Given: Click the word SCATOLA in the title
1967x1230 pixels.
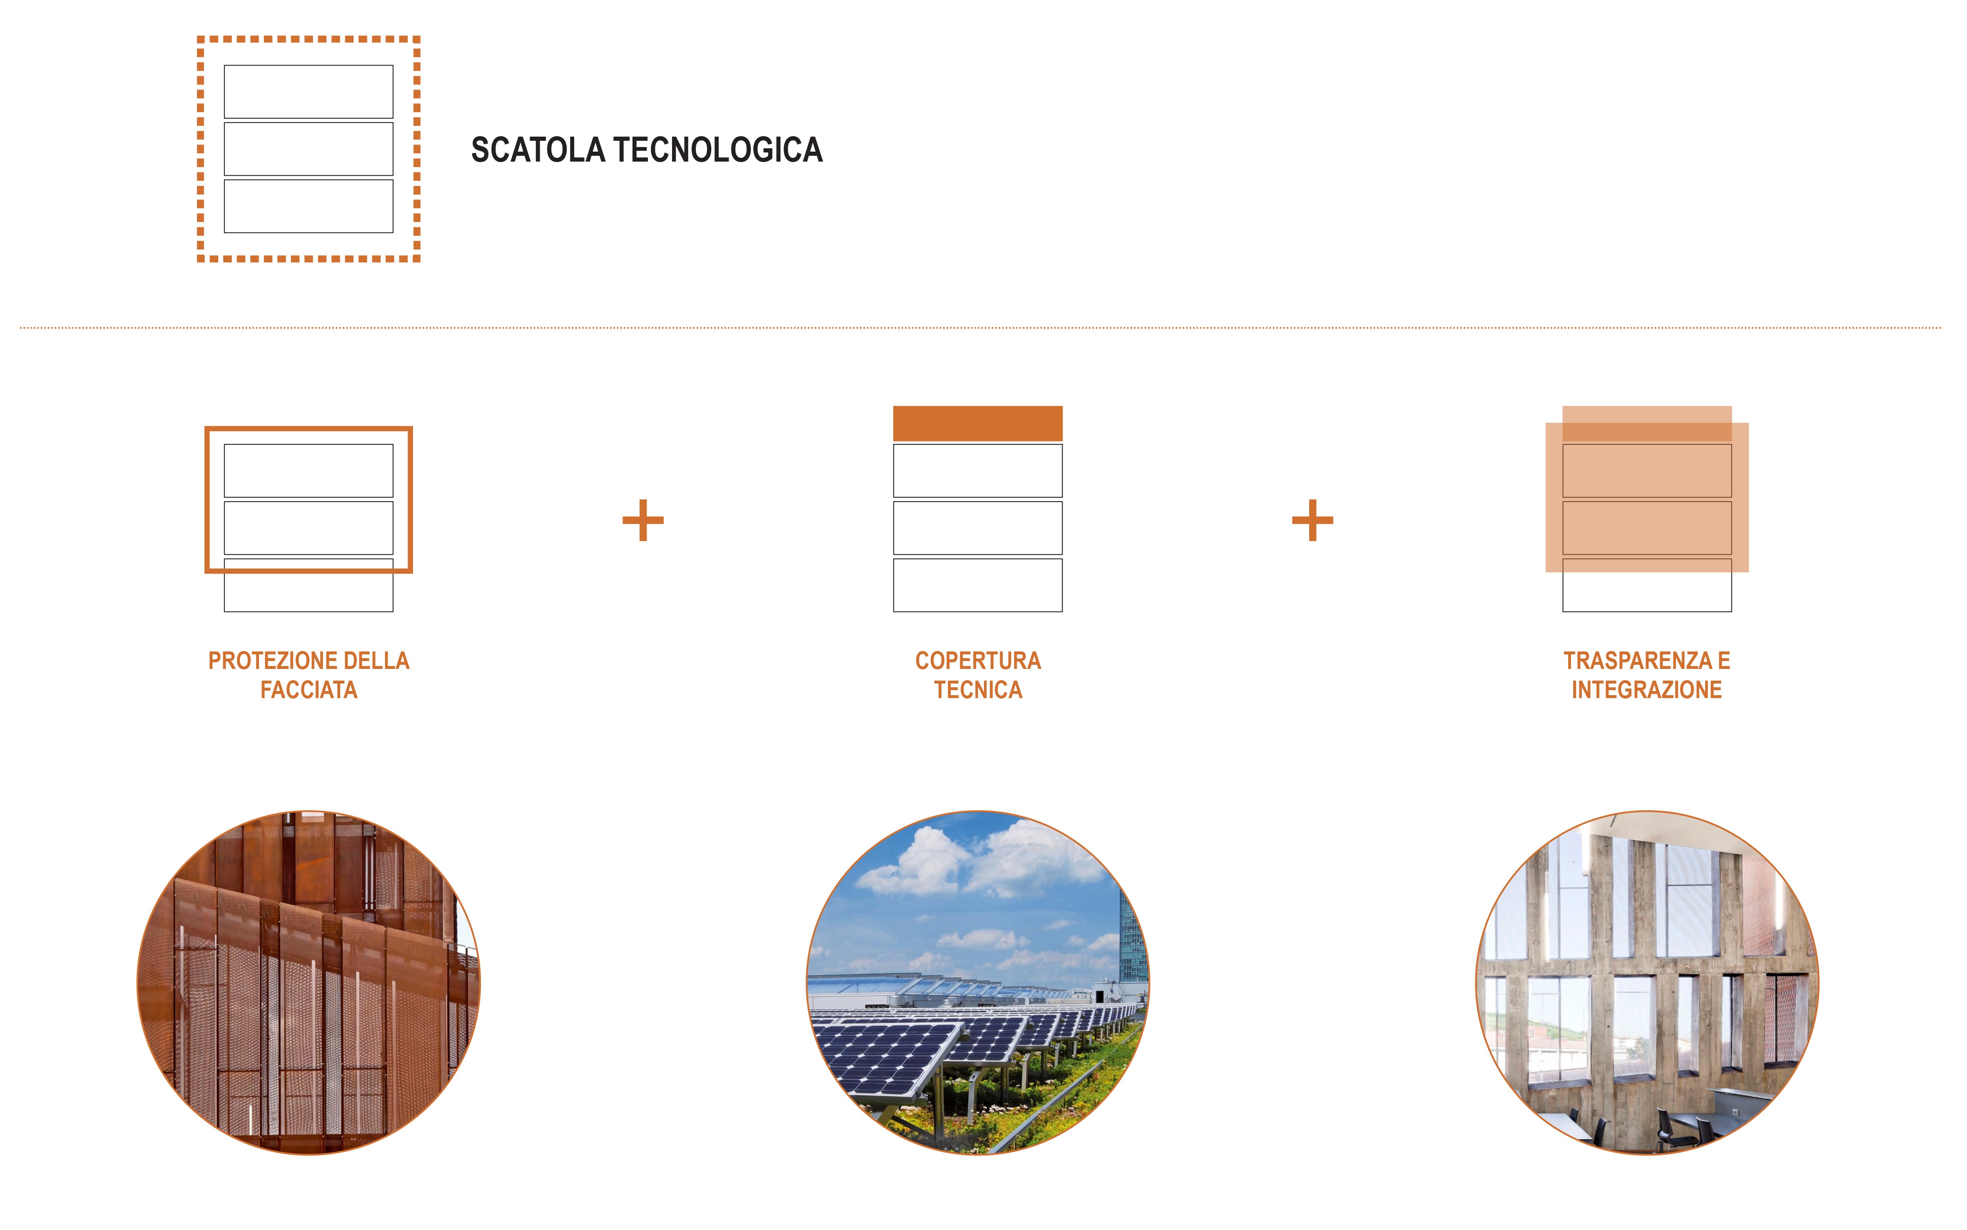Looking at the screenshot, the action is point(538,150).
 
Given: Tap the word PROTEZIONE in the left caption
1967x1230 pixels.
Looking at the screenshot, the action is point(261,661).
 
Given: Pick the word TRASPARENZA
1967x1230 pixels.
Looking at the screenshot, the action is point(1637,661).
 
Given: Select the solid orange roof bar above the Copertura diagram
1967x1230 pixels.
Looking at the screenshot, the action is point(977,423).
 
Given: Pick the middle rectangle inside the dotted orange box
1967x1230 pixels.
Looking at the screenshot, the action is point(308,149).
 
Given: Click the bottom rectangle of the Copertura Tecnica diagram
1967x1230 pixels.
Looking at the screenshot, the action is point(977,585).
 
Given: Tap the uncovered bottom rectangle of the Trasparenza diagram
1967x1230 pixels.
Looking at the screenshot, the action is point(1647,592).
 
